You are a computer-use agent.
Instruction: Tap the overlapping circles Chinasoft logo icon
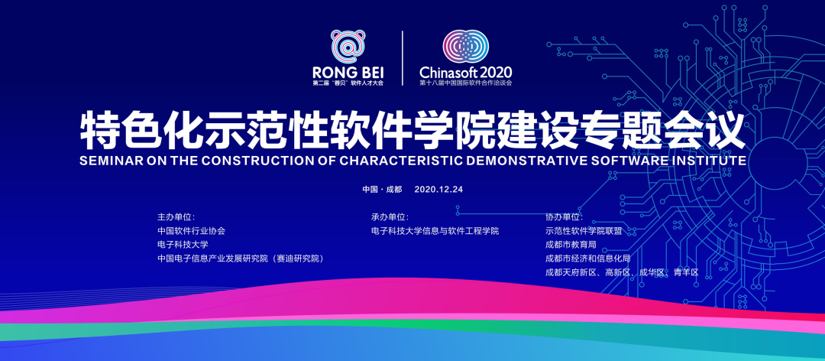[466, 46]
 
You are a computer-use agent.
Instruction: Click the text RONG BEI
[348, 72]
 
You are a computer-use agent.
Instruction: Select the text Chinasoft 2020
[466, 72]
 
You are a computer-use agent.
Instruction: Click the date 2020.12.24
[438, 189]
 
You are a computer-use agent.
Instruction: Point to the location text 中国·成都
[382, 189]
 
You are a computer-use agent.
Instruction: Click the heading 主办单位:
[176, 216]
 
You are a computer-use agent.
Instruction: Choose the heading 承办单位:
[390, 216]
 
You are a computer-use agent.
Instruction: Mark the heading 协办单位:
[565, 216]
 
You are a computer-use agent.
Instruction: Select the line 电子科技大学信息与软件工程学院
[435, 231]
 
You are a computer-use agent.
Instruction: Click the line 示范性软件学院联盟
[584, 231]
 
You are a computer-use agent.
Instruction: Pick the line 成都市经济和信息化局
[587, 259]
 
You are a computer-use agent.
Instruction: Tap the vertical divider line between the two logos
[403, 58]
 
